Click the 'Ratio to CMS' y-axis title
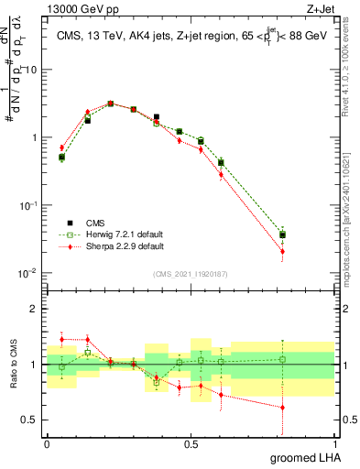click(x=13, y=365)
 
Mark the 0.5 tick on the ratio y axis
click(x=34, y=420)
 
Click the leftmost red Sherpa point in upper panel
click(x=61, y=147)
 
